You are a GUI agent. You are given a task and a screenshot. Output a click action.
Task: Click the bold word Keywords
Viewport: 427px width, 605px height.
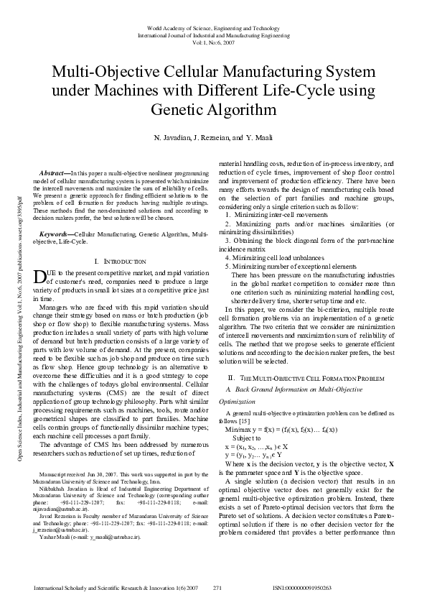click(56, 215)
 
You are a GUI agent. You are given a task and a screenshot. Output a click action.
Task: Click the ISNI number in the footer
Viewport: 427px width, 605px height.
click(302, 588)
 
